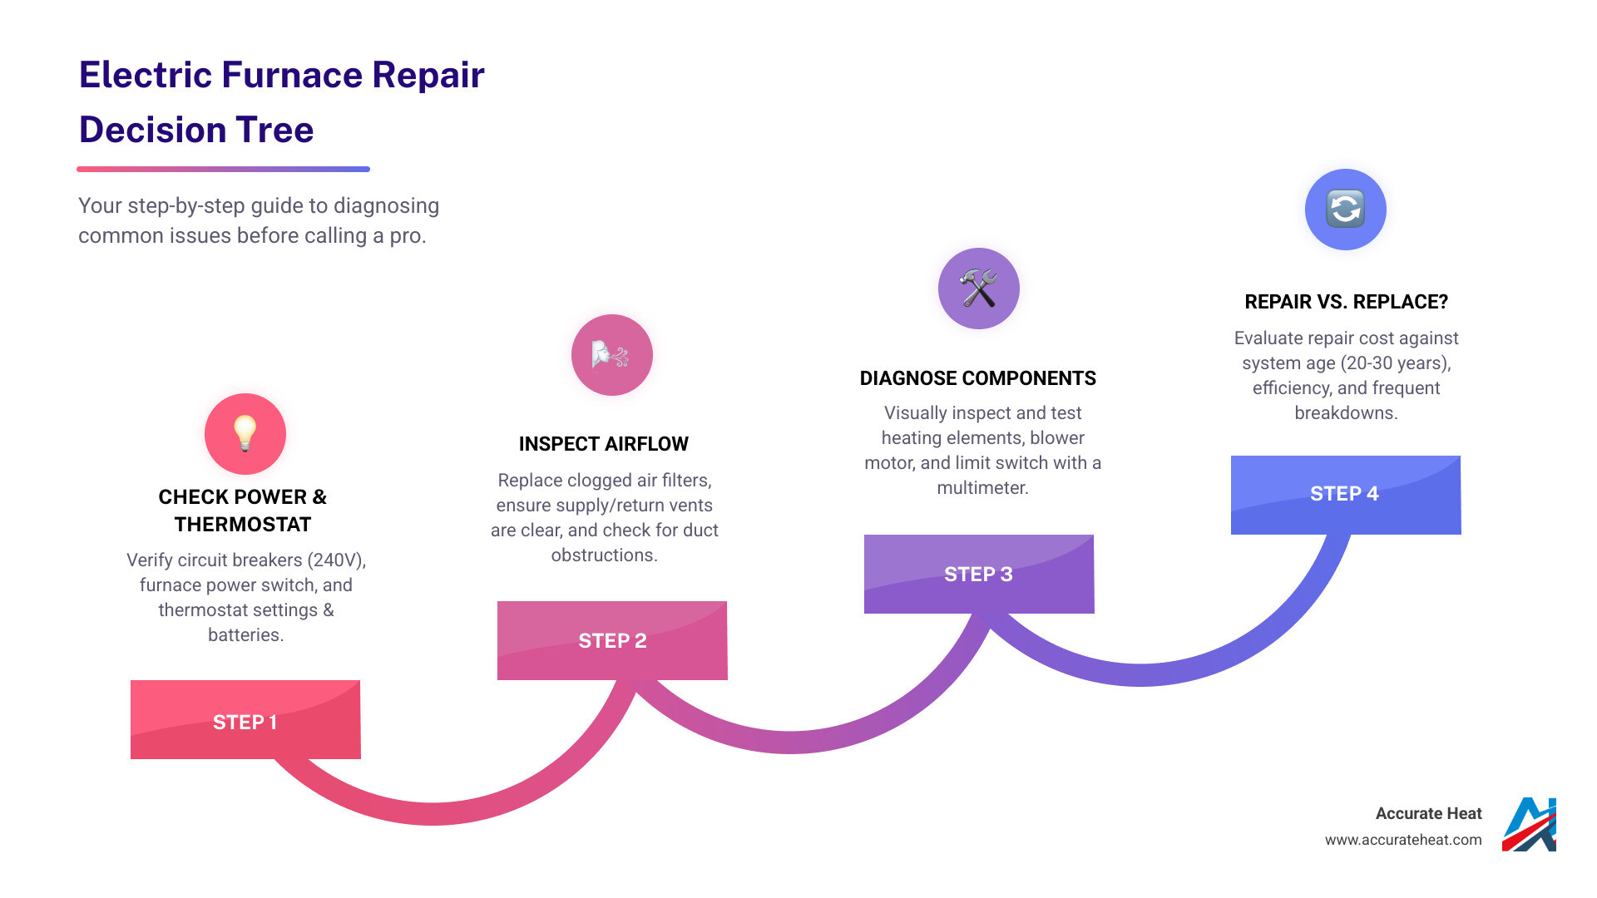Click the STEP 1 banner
click(x=245, y=720)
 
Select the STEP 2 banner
click(x=612, y=640)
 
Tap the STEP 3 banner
click(x=979, y=574)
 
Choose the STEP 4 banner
click(x=1345, y=494)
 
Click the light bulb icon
click(x=245, y=433)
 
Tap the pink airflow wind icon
click(x=611, y=355)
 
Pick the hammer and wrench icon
click(x=978, y=289)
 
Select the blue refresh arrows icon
click(x=1345, y=209)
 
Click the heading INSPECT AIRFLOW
click(x=604, y=444)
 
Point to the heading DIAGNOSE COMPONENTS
click(x=978, y=378)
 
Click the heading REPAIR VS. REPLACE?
click(x=1346, y=302)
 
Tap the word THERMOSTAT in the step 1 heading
click(x=243, y=525)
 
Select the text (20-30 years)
click(x=1398, y=363)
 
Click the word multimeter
click(x=982, y=488)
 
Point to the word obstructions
click(x=604, y=555)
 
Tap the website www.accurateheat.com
click(x=1403, y=840)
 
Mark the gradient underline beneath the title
click(x=223, y=169)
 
